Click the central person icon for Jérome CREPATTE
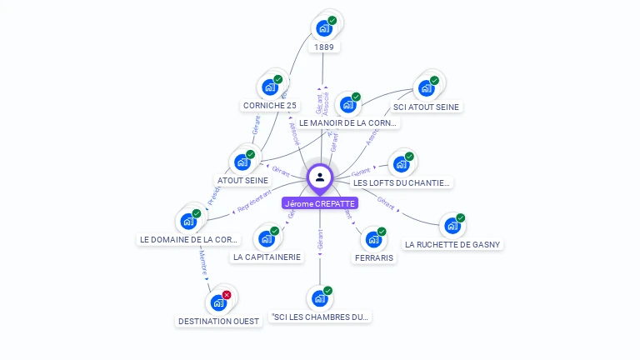pyautogui.click(x=320, y=177)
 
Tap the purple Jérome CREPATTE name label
pyautogui.click(x=320, y=203)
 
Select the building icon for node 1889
pyautogui.click(x=324, y=28)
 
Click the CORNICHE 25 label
pyautogui.click(x=269, y=106)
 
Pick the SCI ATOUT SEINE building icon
pyautogui.click(x=426, y=87)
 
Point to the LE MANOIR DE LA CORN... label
pyautogui.click(x=348, y=122)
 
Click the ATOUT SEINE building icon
pyautogui.click(x=242, y=162)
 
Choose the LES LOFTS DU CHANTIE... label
pyautogui.click(x=402, y=182)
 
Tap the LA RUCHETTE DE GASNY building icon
pyautogui.click(x=452, y=226)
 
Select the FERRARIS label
pyautogui.click(x=373, y=258)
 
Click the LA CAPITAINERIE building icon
pyautogui.click(x=267, y=238)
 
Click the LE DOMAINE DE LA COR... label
pyautogui.click(x=189, y=239)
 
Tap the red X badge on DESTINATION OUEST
pyautogui.click(x=227, y=295)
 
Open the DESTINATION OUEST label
pyautogui.click(x=219, y=321)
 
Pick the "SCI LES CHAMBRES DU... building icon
pyautogui.click(x=320, y=297)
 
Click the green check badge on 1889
pyautogui.click(x=332, y=20)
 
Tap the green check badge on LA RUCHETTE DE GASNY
pyautogui.click(x=460, y=218)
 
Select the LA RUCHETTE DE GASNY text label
pyautogui.click(x=453, y=245)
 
